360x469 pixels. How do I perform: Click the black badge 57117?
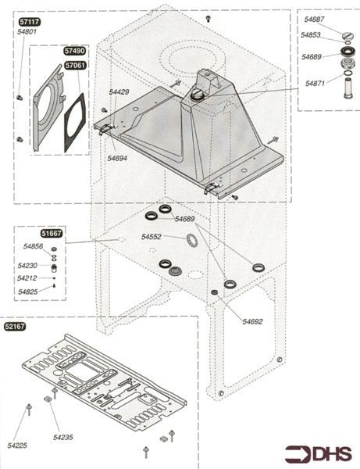(30, 22)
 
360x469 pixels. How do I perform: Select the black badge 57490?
(75, 51)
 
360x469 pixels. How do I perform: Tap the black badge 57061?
(75, 65)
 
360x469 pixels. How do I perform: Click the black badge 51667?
(52, 233)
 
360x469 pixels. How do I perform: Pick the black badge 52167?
(15, 327)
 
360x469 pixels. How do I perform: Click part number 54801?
(27, 32)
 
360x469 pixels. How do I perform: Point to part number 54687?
(314, 19)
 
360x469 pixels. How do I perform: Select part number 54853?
(311, 35)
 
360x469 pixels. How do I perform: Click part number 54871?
(315, 84)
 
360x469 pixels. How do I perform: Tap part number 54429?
(119, 92)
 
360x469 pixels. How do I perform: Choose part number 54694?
(117, 158)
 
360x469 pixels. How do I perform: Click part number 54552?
(151, 237)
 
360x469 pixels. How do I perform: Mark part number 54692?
(252, 321)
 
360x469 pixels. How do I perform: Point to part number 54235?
(63, 437)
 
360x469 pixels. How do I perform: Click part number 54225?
(17, 446)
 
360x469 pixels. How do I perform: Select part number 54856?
(33, 246)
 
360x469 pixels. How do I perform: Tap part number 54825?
(28, 292)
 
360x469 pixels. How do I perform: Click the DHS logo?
(319, 454)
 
